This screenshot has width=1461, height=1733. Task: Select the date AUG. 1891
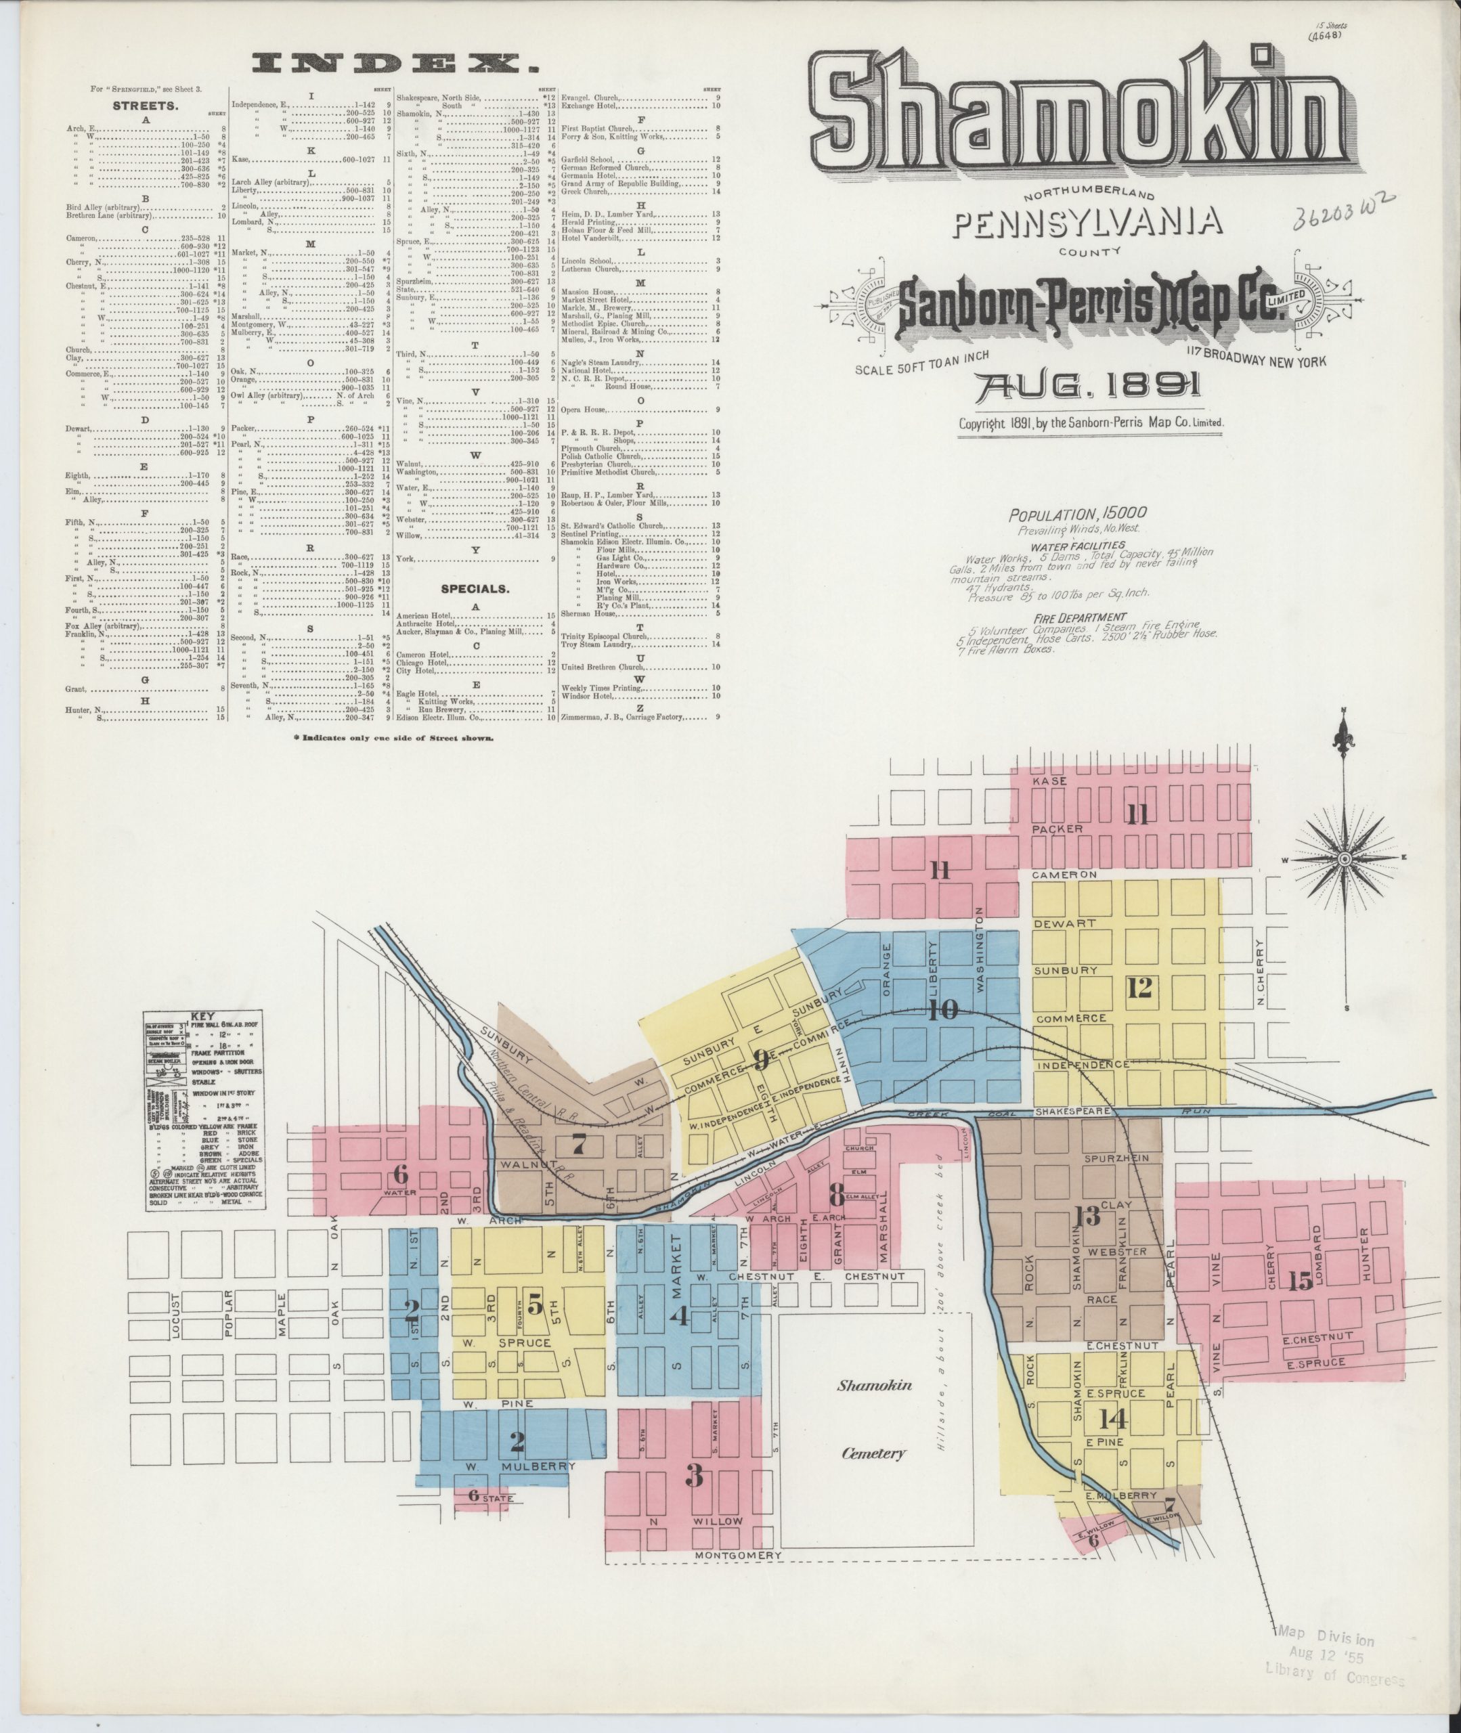point(1090,386)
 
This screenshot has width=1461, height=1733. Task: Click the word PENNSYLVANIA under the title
point(1089,222)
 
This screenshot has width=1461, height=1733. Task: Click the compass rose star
point(1345,860)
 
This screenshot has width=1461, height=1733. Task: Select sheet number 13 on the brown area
point(1087,1216)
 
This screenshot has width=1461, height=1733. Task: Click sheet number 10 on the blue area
point(943,1009)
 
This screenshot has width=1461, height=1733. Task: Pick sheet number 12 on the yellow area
point(1139,987)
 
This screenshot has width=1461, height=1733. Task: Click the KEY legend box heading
point(202,1017)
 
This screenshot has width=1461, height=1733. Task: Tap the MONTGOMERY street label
point(738,1556)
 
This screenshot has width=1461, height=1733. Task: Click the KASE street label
point(1049,781)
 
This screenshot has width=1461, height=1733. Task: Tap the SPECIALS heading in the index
point(475,590)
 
